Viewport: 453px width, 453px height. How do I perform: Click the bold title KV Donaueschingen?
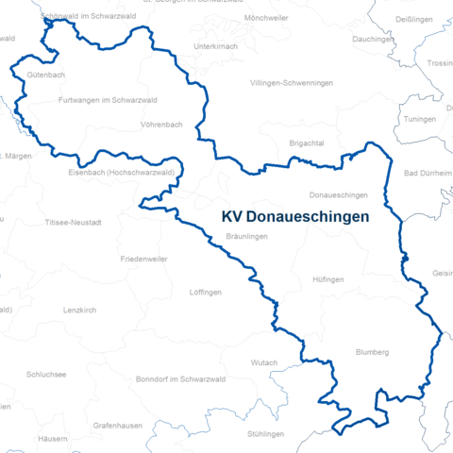pyautogui.click(x=294, y=216)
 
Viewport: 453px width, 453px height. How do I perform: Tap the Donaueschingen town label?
pyautogui.click(x=338, y=194)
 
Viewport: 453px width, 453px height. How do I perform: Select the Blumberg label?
pyautogui.click(x=372, y=352)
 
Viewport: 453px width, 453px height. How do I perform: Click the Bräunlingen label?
pyautogui.click(x=248, y=237)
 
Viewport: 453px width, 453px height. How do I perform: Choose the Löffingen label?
pyautogui.click(x=206, y=293)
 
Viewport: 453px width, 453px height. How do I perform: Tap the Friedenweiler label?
pyautogui.click(x=145, y=258)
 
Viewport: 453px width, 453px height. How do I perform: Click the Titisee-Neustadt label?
pyautogui.click(x=79, y=223)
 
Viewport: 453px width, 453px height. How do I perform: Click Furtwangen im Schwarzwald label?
pyautogui.click(x=107, y=99)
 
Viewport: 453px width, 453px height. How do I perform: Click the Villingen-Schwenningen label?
pyautogui.click(x=292, y=83)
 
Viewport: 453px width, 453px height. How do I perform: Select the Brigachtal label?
pyautogui.click(x=307, y=142)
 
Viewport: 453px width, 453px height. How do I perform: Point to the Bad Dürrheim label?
pyautogui.click(x=427, y=174)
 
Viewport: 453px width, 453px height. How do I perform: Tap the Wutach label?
pyautogui.click(x=264, y=362)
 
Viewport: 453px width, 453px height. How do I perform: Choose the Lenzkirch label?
pyautogui.click(x=80, y=310)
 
